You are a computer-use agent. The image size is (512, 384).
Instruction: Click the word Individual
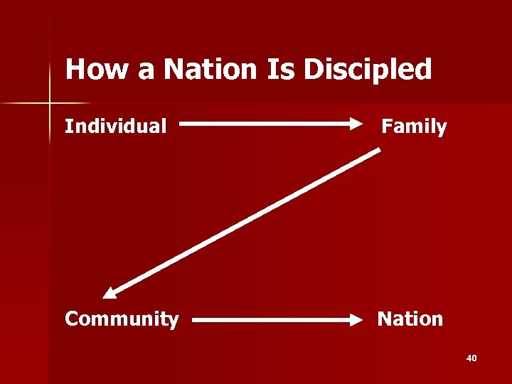[116, 127]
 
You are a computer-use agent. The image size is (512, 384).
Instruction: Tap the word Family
[414, 127]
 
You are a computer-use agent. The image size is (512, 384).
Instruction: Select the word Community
[122, 319]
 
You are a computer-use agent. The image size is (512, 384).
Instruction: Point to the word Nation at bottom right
[410, 319]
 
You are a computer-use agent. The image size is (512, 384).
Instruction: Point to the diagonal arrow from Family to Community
[242, 221]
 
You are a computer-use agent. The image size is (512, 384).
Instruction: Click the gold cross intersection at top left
[50, 104]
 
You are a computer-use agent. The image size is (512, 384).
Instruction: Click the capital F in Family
[387, 127]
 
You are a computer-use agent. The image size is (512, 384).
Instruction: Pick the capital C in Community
[71, 319]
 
